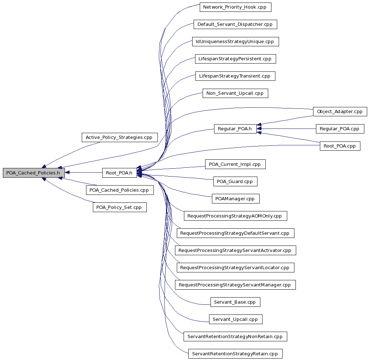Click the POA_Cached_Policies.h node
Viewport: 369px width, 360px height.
[34, 173]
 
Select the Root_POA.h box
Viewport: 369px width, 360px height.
[119, 173]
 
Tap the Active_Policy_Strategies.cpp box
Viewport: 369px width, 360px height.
[119, 137]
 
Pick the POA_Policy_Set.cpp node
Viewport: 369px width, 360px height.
[119, 207]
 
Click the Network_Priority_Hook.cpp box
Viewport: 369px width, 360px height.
[235, 7]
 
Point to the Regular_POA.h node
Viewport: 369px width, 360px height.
[235, 128]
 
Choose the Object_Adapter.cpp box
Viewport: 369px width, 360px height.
[340, 111]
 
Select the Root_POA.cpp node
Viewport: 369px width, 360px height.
[340, 146]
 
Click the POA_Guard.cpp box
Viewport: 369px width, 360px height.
[235, 181]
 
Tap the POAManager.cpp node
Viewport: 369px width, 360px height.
[236, 198]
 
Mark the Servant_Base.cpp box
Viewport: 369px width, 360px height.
[235, 302]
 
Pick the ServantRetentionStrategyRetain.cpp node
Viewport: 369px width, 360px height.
[235, 354]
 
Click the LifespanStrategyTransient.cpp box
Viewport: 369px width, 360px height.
[235, 76]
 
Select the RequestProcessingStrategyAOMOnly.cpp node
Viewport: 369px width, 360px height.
[236, 216]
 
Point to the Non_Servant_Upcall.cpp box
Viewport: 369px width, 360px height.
[235, 93]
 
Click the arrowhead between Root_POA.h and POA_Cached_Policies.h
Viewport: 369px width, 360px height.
[67, 172]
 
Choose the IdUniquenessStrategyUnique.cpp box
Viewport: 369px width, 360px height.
[236, 42]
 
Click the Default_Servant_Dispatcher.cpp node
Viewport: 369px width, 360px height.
[235, 24]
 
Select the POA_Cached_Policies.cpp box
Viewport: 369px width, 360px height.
[120, 190]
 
